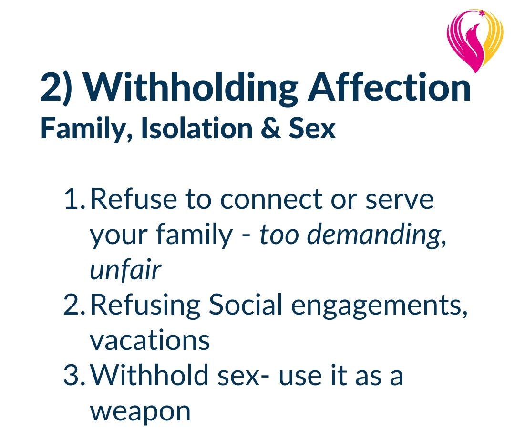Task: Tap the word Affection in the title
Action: tap(389, 89)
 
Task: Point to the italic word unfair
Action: tap(125, 271)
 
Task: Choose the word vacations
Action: tap(150, 340)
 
